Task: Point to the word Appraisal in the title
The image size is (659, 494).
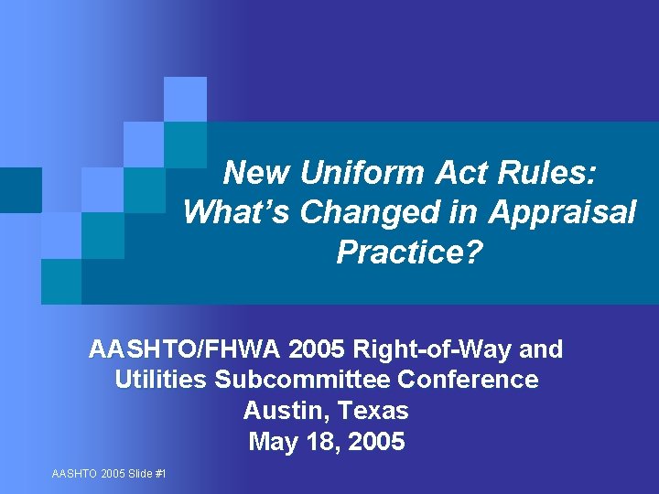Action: point(562,212)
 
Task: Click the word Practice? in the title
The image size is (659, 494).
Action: point(408,252)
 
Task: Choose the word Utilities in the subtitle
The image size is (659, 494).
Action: point(161,380)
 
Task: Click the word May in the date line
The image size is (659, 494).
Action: point(272,442)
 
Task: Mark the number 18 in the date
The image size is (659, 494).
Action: point(319,442)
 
